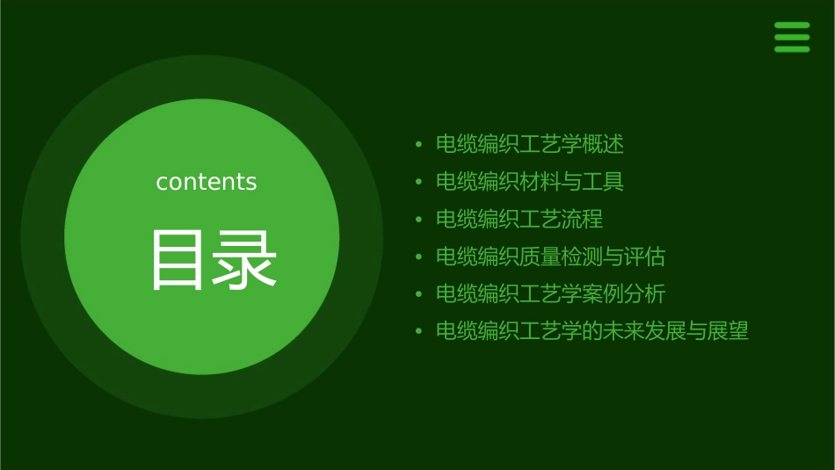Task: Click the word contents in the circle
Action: pos(207,182)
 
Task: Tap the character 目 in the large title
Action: pos(178,259)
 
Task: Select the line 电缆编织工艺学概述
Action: pos(530,144)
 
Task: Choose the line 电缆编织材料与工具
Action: pos(530,182)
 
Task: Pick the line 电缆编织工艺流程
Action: pos(519,219)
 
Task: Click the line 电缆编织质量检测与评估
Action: pos(551,257)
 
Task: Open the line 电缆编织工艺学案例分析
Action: pos(551,293)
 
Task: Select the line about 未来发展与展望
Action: pos(592,331)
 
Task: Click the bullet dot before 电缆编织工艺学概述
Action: pos(419,144)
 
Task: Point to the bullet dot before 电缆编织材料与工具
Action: pos(419,182)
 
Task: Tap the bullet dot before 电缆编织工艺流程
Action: pos(419,220)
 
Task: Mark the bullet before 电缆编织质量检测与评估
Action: pos(419,257)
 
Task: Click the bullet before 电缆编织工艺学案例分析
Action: pos(419,294)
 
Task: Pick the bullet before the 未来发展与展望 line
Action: pos(419,331)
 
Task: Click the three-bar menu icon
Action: pos(792,37)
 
